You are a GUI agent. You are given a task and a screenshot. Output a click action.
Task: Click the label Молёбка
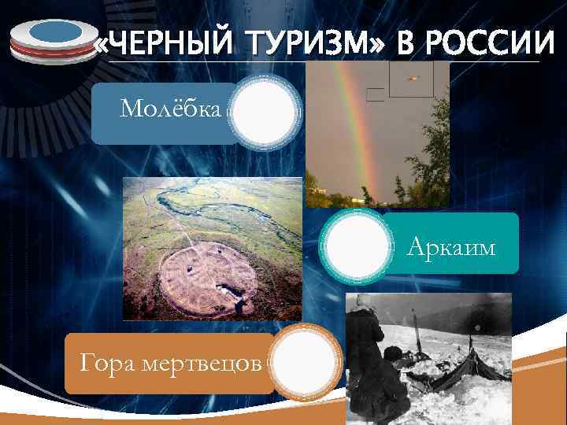(170, 108)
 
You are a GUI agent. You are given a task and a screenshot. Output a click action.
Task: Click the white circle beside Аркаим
(357, 243)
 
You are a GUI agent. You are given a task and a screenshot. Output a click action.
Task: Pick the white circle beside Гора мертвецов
(305, 363)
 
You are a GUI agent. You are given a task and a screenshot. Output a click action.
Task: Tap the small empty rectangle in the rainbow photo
(376, 95)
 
